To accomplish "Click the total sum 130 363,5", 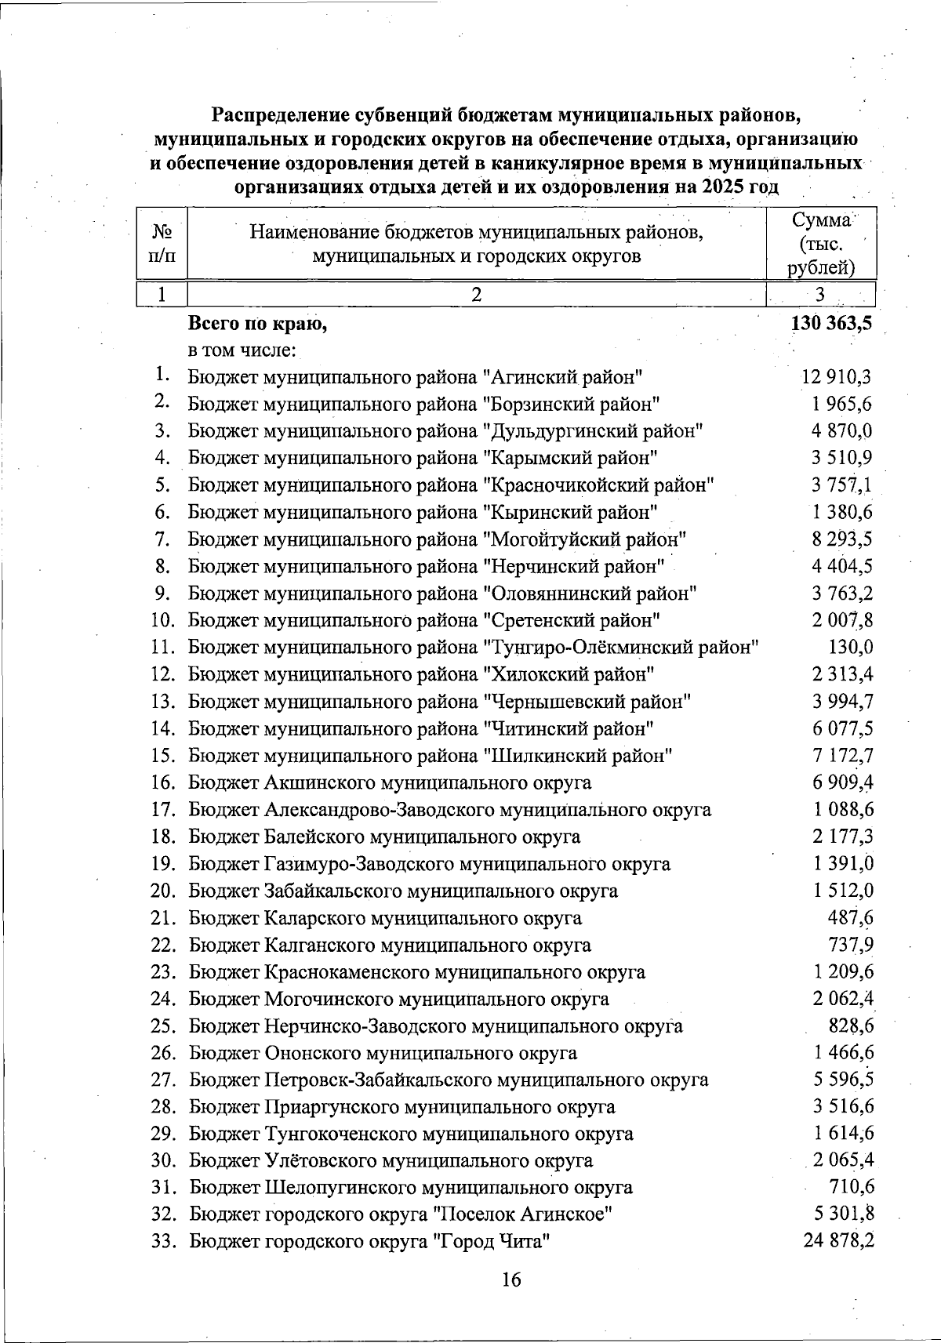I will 832,324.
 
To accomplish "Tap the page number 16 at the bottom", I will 510,1280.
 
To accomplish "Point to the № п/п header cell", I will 162,243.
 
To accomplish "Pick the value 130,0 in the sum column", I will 851,648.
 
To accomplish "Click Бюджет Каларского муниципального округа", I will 385,918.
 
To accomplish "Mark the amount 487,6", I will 851,917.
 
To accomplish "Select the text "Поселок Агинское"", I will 524,1214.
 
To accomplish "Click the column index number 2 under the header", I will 476,295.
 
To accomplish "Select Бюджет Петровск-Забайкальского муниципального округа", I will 449,1080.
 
